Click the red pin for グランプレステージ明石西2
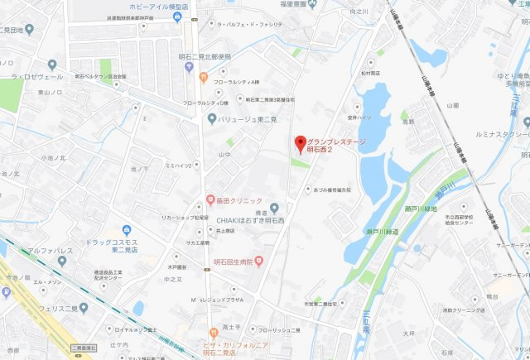301,142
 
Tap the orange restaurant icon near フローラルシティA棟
202,79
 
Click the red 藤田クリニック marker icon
210,199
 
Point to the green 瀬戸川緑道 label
382,232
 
